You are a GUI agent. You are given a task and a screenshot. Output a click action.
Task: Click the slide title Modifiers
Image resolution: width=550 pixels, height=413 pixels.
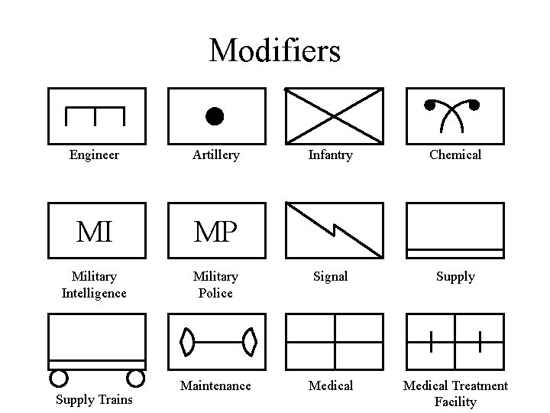click(274, 51)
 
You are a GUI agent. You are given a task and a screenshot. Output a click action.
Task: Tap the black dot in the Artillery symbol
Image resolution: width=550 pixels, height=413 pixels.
click(215, 116)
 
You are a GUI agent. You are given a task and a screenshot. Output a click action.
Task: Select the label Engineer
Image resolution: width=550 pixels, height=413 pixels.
click(94, 154)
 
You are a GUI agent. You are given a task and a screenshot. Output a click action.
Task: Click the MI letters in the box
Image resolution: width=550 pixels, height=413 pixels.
click(94, 231)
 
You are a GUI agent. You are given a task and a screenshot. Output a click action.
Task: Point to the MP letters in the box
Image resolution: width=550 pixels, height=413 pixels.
click(215, 231)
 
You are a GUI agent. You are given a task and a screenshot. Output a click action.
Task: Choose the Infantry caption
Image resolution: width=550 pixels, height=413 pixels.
click(330, 154)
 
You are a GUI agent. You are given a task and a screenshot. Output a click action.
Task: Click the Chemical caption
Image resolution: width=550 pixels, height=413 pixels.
click(455, 154)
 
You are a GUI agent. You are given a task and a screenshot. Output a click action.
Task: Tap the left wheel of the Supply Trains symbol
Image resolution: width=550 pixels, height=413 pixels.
click(58, 377)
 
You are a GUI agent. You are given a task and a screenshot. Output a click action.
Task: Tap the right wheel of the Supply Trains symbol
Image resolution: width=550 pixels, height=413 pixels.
click(135, 377)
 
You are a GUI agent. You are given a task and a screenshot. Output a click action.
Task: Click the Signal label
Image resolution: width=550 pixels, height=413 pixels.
click(330, 276)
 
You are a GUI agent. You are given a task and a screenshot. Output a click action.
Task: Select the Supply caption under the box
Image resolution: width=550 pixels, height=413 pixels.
click(455, 276)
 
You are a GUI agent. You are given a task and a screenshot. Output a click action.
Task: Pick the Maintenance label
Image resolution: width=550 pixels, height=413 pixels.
click(215, 385)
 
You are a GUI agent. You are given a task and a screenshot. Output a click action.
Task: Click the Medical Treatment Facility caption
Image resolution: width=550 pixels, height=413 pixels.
click(455, 393)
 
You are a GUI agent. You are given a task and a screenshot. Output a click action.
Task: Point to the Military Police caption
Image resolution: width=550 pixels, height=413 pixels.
click(215, 285)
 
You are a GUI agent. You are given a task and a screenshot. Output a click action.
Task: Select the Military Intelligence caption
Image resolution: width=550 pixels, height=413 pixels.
click(94, 285)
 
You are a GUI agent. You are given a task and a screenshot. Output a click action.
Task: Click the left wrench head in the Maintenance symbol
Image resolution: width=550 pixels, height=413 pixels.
click(186, 341)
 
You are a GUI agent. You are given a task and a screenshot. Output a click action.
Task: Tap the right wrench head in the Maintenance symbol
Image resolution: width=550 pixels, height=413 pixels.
click(248, 341)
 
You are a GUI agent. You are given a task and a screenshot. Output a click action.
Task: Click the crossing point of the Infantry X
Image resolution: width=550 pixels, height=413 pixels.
click(334, 116)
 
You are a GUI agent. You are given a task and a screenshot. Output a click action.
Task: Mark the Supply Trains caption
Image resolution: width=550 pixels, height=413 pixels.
click(94, 399)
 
